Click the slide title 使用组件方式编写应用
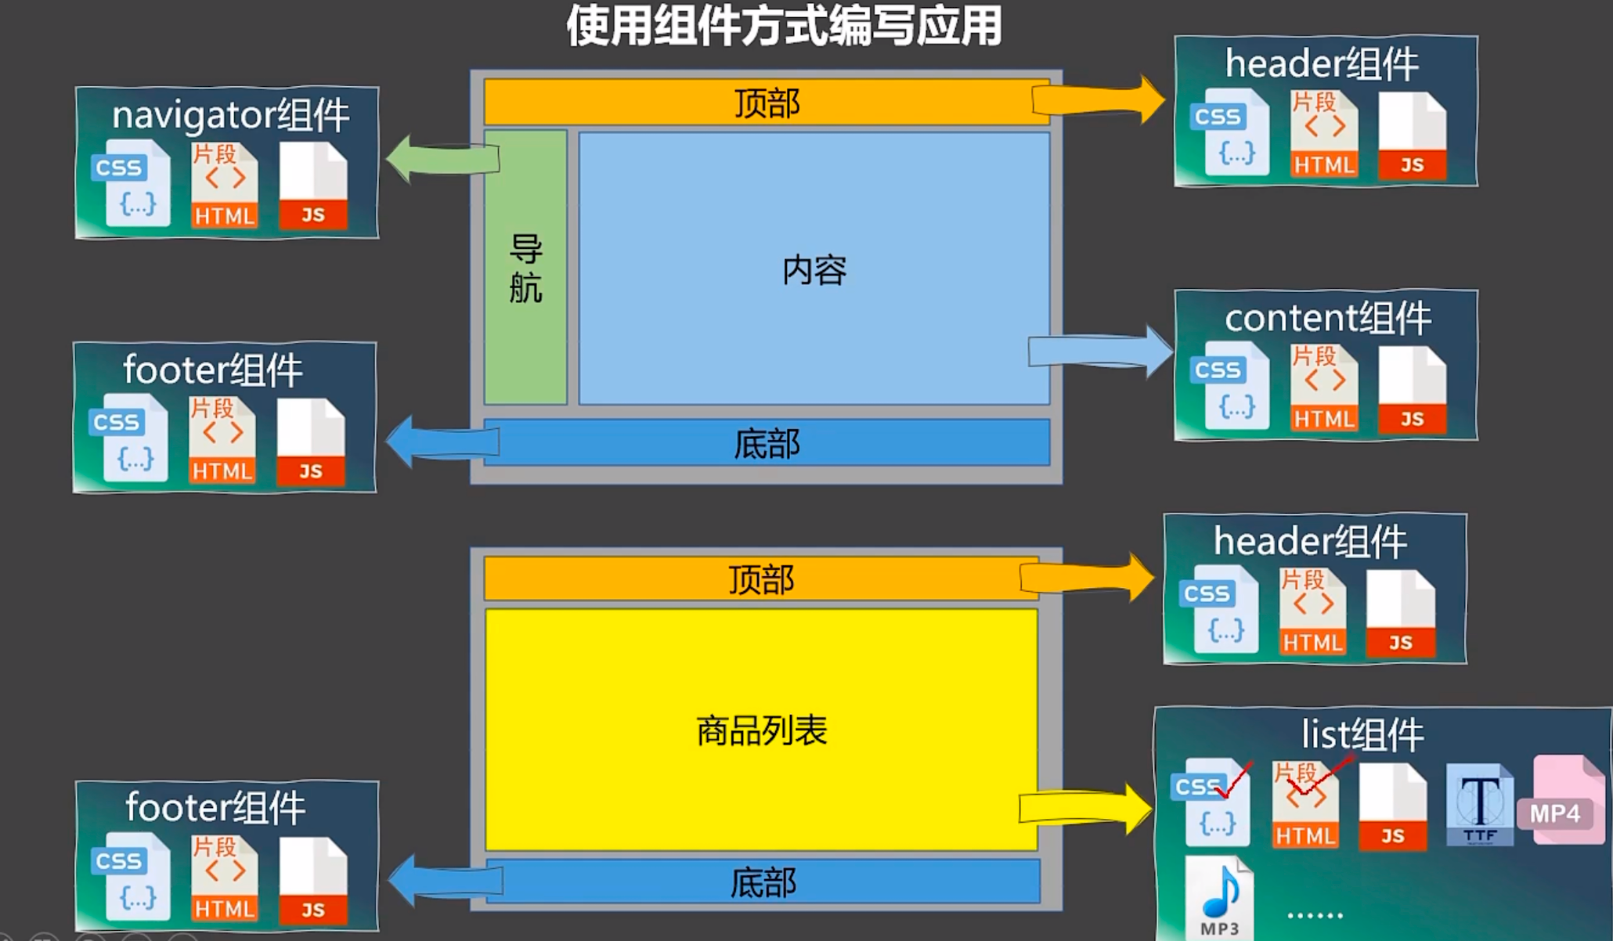coord(784,26)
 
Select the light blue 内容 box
coord(814,269)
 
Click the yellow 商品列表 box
coord(761,730)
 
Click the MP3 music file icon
coord(1219,897)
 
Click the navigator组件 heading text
coord(230,116)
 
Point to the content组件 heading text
coord(1327,318)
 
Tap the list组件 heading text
coord(1362,734)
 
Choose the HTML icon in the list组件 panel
coord(1305,806)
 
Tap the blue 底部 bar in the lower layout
coord(763,882)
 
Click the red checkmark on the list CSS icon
coord(1236,780)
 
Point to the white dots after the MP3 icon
coord(1315,914)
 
